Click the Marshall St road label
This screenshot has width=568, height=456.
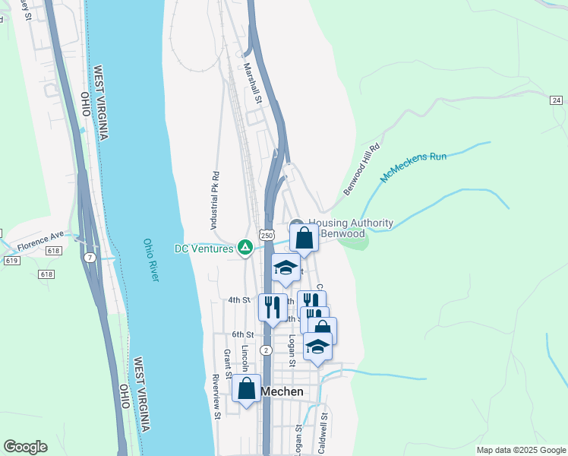(x=253, y=83)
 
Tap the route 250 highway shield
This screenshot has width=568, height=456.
(x=266, y=236)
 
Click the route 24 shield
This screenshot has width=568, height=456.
(x=556, y=100)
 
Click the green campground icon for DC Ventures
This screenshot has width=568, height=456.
(x=245, y=247)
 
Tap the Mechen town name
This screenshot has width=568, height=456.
(x=282, y=391)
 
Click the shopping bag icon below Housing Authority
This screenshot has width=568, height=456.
(x=304, y=237)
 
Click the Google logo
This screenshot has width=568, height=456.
(x=25, y=447)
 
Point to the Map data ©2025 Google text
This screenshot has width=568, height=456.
(x=520, y=450)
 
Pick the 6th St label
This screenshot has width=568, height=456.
(x=242, y=334)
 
